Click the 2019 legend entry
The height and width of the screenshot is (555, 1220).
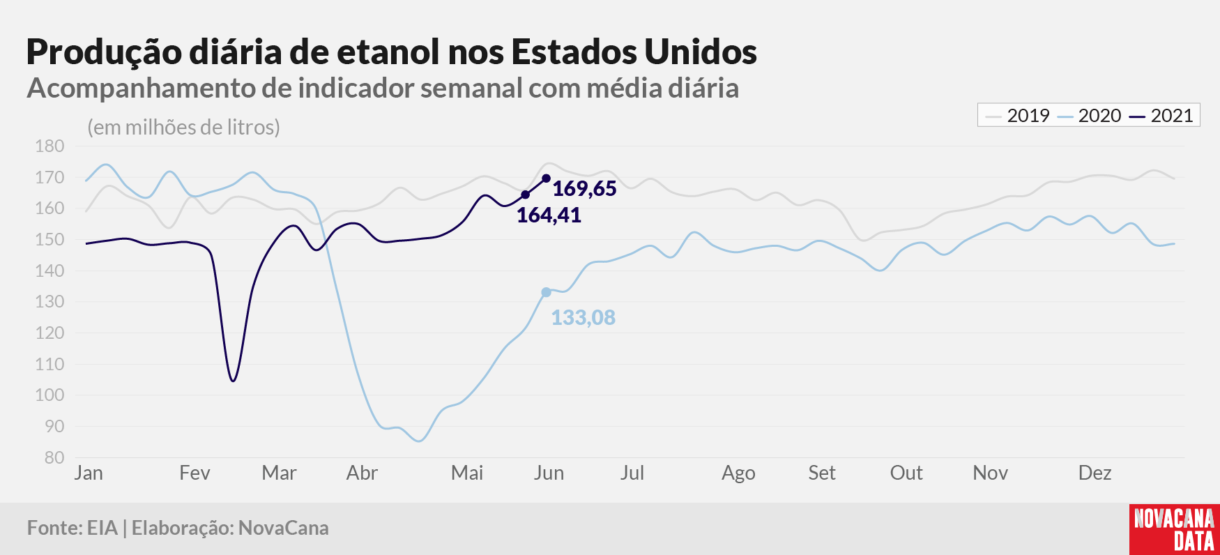pos(1017,116)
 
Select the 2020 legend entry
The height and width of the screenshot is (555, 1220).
pos(1089,116)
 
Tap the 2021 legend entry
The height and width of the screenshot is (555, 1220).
pos(1161,116)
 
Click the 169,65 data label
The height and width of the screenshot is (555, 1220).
pos(584,188)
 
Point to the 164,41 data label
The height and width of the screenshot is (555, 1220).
pos(549,215)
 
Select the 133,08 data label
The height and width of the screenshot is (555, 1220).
pos(583,317)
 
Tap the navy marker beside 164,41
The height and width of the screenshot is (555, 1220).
pos(525,195)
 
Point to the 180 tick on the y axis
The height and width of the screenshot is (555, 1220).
pos(49,146)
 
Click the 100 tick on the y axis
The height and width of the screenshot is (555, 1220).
pos(49,395)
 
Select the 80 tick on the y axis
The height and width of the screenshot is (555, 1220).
pos(54,457)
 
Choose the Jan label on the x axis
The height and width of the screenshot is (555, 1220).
pos(89,473)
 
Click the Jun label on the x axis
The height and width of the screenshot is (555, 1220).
pos(549,473)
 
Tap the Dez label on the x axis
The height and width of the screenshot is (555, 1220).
pos(1095,473)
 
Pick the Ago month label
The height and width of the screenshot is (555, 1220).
pos(738,473)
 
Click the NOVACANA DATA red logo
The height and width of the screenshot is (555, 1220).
pos(1175,529)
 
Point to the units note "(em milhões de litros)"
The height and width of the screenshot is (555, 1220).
pos(183,127)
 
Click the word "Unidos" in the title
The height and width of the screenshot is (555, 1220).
pos(701,52)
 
